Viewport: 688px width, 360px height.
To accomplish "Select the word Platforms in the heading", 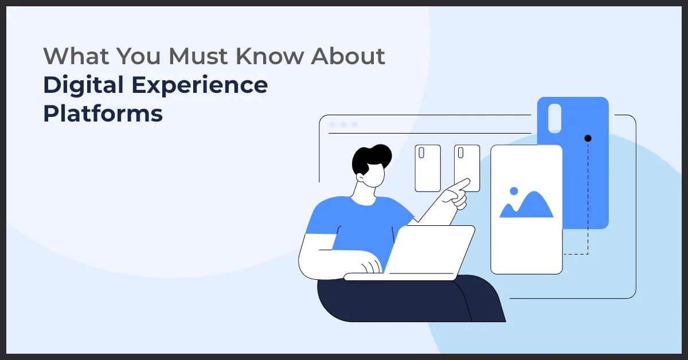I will point(103,114).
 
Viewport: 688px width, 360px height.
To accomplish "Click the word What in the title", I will point(73,56).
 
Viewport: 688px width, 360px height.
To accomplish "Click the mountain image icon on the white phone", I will point(526,205).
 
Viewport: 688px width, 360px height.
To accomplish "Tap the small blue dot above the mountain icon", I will point(514,190).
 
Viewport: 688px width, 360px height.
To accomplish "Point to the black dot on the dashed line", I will point(588,138).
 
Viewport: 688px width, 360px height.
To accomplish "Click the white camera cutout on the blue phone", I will point(554,118).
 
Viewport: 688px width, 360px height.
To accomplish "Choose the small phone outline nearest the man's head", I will point(428,168).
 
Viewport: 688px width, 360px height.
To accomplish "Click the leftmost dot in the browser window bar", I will point(332,124).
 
